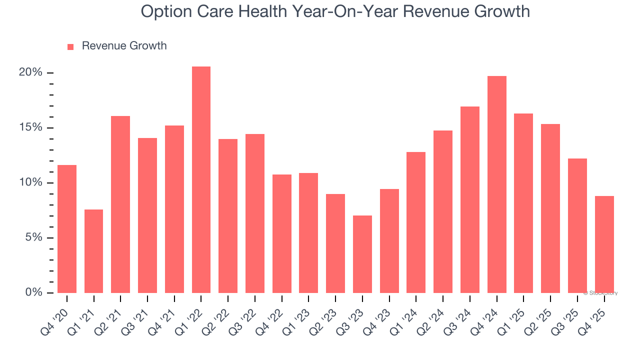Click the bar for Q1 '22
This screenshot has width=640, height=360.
201,179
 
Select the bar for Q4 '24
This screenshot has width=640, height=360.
497,184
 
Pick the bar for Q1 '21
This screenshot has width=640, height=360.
93,251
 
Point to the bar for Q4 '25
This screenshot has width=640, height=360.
604,244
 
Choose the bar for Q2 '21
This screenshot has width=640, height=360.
120,204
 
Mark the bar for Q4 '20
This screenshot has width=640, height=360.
67,229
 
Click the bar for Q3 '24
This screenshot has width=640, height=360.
470,199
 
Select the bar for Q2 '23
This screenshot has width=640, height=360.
335,243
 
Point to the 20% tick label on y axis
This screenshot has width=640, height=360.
30,72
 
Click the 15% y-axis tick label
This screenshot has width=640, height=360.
30,127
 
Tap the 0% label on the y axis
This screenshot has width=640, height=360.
33,292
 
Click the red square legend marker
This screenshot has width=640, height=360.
70,46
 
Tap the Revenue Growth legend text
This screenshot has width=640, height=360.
124,46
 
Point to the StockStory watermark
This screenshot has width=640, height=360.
600,293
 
